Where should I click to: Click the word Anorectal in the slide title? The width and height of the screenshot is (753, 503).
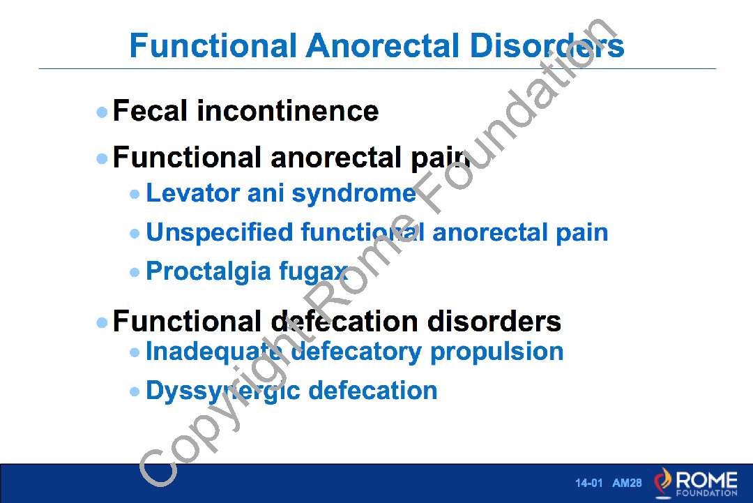coord(383,45)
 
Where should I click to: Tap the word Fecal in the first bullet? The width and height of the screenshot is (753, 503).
coord(149,110)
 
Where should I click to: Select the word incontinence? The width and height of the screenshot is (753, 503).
coord(288,110)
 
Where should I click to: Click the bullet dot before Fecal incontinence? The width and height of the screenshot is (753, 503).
coord(102,112)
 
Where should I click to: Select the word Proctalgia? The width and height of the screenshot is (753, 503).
coord(208,272)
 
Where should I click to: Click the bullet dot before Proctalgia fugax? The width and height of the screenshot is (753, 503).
coord(135,273)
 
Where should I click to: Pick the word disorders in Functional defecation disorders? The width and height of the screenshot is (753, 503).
coord(494,321)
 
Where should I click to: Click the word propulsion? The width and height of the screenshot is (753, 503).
coord(496,352)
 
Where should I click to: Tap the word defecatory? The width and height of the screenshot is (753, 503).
coord(356,352)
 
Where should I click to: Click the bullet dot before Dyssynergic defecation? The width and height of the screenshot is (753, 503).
coord(135,392)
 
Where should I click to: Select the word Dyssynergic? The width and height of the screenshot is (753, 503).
coord(223,391)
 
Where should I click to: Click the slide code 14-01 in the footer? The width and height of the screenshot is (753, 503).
coord(588,483)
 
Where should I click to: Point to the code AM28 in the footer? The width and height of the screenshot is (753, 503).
coord(627,483)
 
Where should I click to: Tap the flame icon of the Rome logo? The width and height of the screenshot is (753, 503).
coord(663,481)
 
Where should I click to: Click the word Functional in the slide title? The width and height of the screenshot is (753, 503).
coord(213,45)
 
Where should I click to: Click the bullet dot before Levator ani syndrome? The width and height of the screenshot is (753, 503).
coord(135,194)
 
